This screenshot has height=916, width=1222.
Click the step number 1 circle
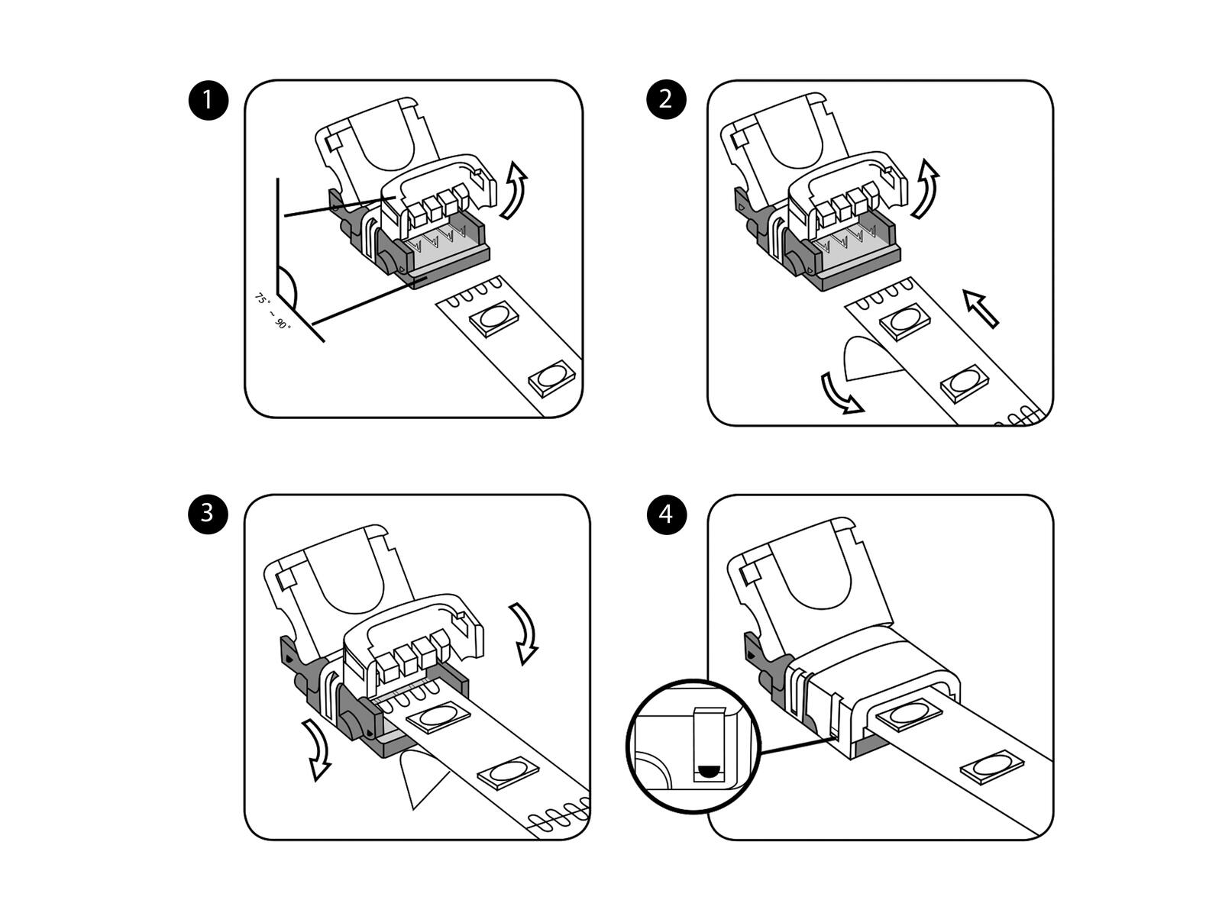[x=208, y=100]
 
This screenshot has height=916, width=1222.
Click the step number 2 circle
[x=665, y=100]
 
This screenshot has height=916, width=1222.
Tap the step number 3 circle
[x=208, y=513]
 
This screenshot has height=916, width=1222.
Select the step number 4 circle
[x=665, y=514]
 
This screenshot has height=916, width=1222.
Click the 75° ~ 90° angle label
[x=273, y=311]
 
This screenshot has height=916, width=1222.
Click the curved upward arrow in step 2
[x=926, y=189]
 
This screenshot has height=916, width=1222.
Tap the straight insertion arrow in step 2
[x=981, y=308]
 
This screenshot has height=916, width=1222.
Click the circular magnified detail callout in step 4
[x=693, y=745]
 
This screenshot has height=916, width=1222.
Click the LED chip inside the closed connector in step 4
[x=907, y=714]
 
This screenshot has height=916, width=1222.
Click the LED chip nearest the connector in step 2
[x=907, y=319]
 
